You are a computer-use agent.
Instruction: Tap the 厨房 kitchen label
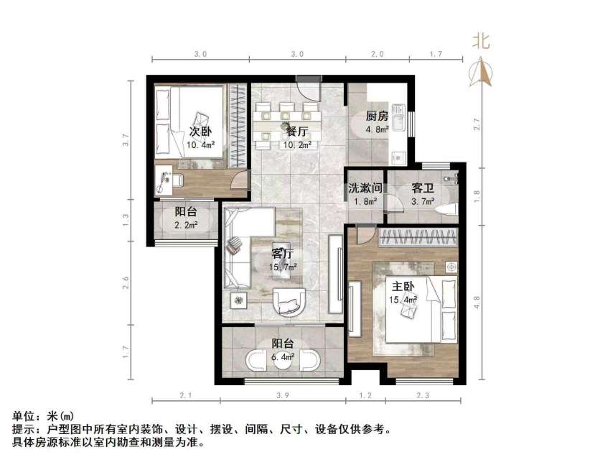pos(377,116)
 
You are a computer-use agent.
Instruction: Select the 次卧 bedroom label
pos(200,132)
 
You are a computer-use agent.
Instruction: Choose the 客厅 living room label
pos(282,253)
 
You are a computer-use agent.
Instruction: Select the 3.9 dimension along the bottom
pos(283,396)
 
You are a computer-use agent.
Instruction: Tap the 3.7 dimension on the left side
pos(126,142)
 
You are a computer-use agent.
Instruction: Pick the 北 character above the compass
pos(481,41)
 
